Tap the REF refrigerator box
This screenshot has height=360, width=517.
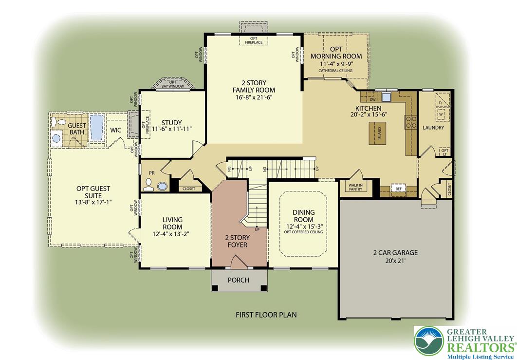point(398,189)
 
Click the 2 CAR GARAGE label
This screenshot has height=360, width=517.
point(395,253)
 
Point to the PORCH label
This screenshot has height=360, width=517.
point(239,280)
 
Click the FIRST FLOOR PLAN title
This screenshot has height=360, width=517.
point(266,315)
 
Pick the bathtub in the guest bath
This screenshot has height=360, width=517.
point(96,128)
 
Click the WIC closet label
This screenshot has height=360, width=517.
point(116,130)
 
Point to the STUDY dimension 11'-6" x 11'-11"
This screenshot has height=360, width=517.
point(172,129)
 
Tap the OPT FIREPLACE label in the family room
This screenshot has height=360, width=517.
point(254,40)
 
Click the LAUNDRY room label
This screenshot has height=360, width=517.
point(433,128)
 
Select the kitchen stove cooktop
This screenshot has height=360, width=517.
point(410,122)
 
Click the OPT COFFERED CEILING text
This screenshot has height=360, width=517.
point(304,232)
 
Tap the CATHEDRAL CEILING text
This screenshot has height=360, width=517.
point(336,71)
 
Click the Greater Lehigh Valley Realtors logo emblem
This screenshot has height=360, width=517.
point(429,340)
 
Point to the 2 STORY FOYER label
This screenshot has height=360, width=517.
point(237,241)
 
